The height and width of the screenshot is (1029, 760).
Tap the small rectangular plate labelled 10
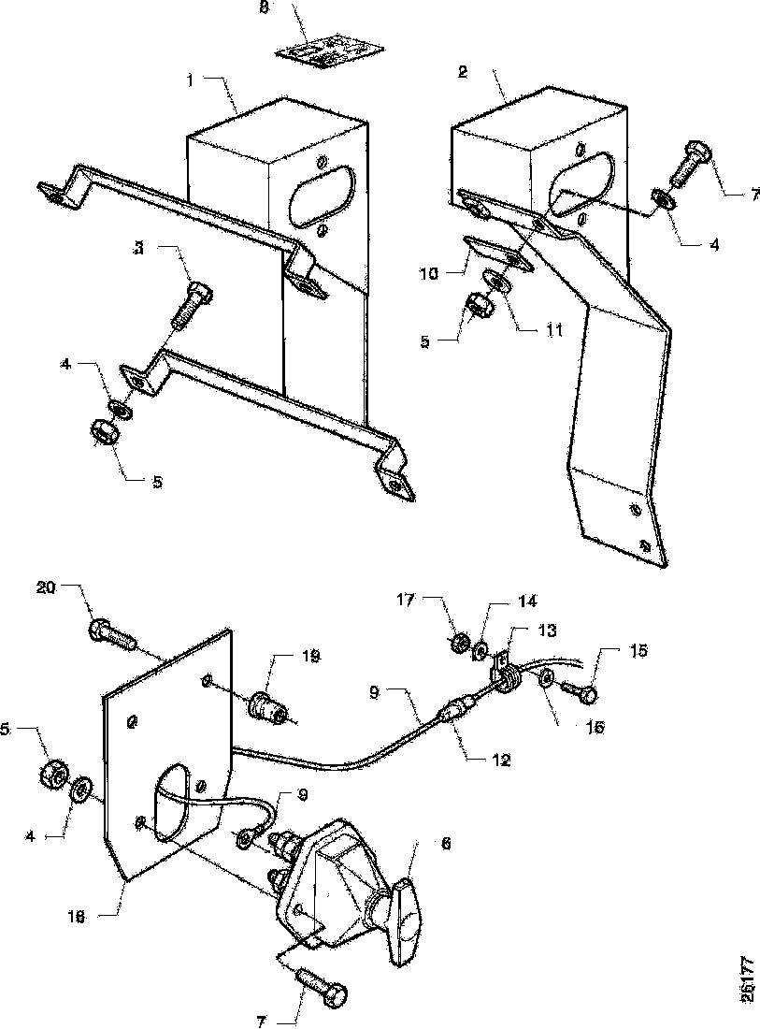pyautogui.click(x=499, y=253)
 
